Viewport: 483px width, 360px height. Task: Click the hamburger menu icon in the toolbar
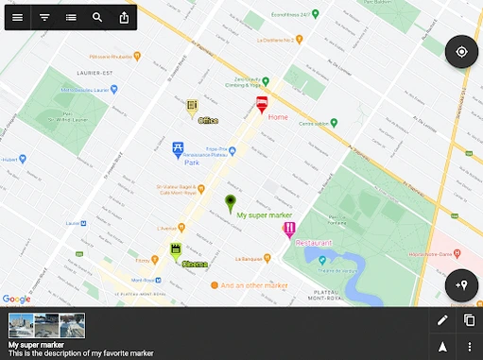click(18, 18)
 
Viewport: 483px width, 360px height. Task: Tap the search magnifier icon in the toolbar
click(98, 18)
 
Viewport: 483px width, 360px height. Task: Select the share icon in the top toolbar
click(125, 18)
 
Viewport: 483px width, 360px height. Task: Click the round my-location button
click(461, 52)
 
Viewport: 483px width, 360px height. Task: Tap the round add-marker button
click(461, 284)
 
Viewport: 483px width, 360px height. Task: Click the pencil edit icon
click(442, 320)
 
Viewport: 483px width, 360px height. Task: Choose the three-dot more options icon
click(470, 347)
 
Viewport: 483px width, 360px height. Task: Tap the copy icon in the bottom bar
click(470, 320)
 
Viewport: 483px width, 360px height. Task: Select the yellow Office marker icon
click(192, 105)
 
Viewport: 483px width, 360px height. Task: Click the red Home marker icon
click(261, 104)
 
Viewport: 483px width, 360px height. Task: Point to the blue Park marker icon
click(178, 148)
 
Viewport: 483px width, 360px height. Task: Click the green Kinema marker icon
click(176, 250)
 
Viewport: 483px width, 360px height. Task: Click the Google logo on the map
click(16, 299)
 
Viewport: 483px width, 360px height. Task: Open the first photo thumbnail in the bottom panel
click(21, 325)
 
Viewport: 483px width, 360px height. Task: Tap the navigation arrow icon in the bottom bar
click(442, 347)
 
